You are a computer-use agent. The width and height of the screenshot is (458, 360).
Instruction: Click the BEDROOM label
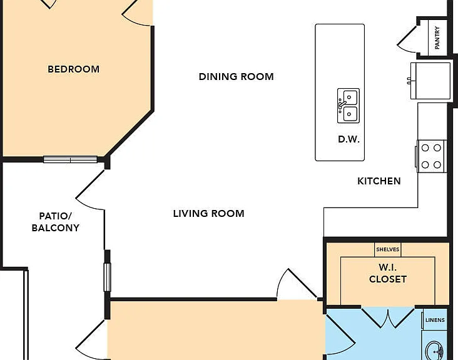[x=73, y=69]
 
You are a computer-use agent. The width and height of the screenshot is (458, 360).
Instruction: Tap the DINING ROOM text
[x=237, y=77]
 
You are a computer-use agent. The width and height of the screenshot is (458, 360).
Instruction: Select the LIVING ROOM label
[x=208, y=214]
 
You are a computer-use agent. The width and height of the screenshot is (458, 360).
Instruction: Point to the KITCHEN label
[x=379, y=181]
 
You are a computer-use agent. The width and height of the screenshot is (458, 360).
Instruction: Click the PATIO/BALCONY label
[x=56, y=222]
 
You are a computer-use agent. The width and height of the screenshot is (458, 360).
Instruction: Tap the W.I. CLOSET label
[x=387, y=273]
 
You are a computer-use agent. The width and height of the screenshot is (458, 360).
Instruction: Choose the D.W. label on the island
[x=349, y=139]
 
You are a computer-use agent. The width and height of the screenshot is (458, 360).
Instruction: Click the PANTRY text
[x=437, y=37]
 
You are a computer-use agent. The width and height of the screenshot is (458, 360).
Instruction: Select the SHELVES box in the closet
[x=387, y=249]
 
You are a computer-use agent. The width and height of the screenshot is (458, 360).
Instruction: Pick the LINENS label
[x=435, y=320]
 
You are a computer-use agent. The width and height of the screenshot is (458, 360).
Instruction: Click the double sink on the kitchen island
[x=348, y=106]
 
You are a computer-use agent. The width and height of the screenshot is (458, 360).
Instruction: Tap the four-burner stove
[x=431, y=156]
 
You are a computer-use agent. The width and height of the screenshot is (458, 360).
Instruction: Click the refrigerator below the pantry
[x=430, y=81]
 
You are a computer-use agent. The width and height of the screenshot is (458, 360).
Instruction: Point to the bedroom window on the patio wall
[x=70, y=159]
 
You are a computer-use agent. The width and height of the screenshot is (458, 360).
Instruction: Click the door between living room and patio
[x=90, y=189]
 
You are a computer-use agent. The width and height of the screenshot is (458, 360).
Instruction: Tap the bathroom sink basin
[x=434, y=351]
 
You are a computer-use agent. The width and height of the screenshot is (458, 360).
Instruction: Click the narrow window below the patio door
[x=107, y=277]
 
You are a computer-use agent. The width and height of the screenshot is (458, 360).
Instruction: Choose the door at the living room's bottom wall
[x=297, y=284]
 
